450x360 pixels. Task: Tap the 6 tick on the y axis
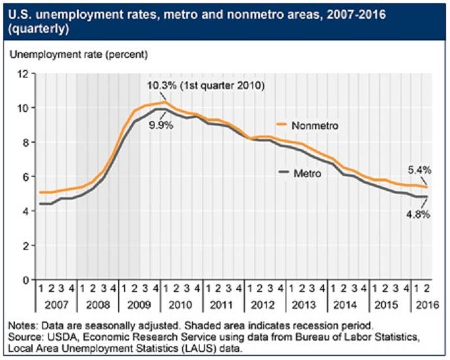click(25, 177)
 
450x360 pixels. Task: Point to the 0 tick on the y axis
click(25, 280)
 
